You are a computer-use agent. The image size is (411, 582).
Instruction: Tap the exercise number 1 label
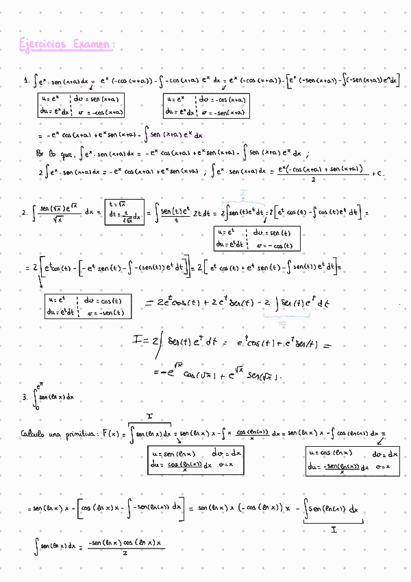coord(25,82)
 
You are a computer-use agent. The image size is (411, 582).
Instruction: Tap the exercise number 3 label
coord(24,396)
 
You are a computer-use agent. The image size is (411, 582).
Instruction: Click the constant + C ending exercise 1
coord(377,173)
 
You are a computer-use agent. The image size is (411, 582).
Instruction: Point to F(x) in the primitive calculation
coord(109,434)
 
